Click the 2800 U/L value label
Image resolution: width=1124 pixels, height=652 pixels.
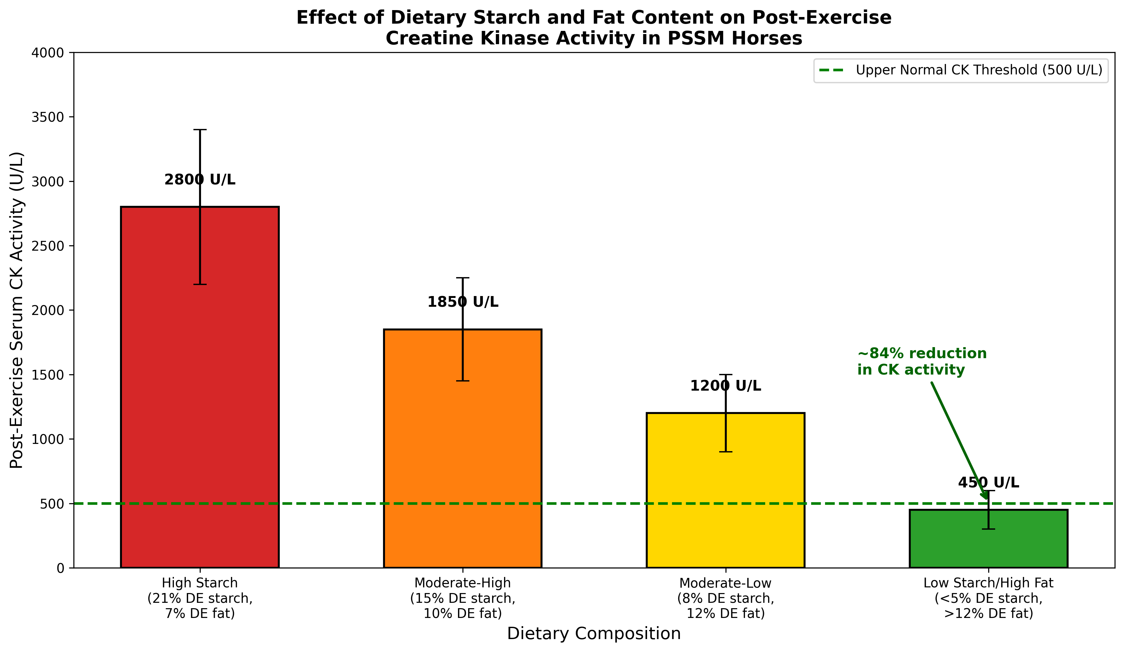point(199,180)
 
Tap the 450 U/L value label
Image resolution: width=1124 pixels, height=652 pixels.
point(989,483)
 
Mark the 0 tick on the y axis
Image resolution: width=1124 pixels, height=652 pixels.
point(60,568)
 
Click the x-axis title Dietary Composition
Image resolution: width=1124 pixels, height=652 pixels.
point(594,634)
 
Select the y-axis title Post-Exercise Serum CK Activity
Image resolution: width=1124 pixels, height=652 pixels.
point(17,310)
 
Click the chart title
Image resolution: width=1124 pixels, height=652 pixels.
point(594,28)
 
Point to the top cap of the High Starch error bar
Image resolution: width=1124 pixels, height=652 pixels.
point(199,130)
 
